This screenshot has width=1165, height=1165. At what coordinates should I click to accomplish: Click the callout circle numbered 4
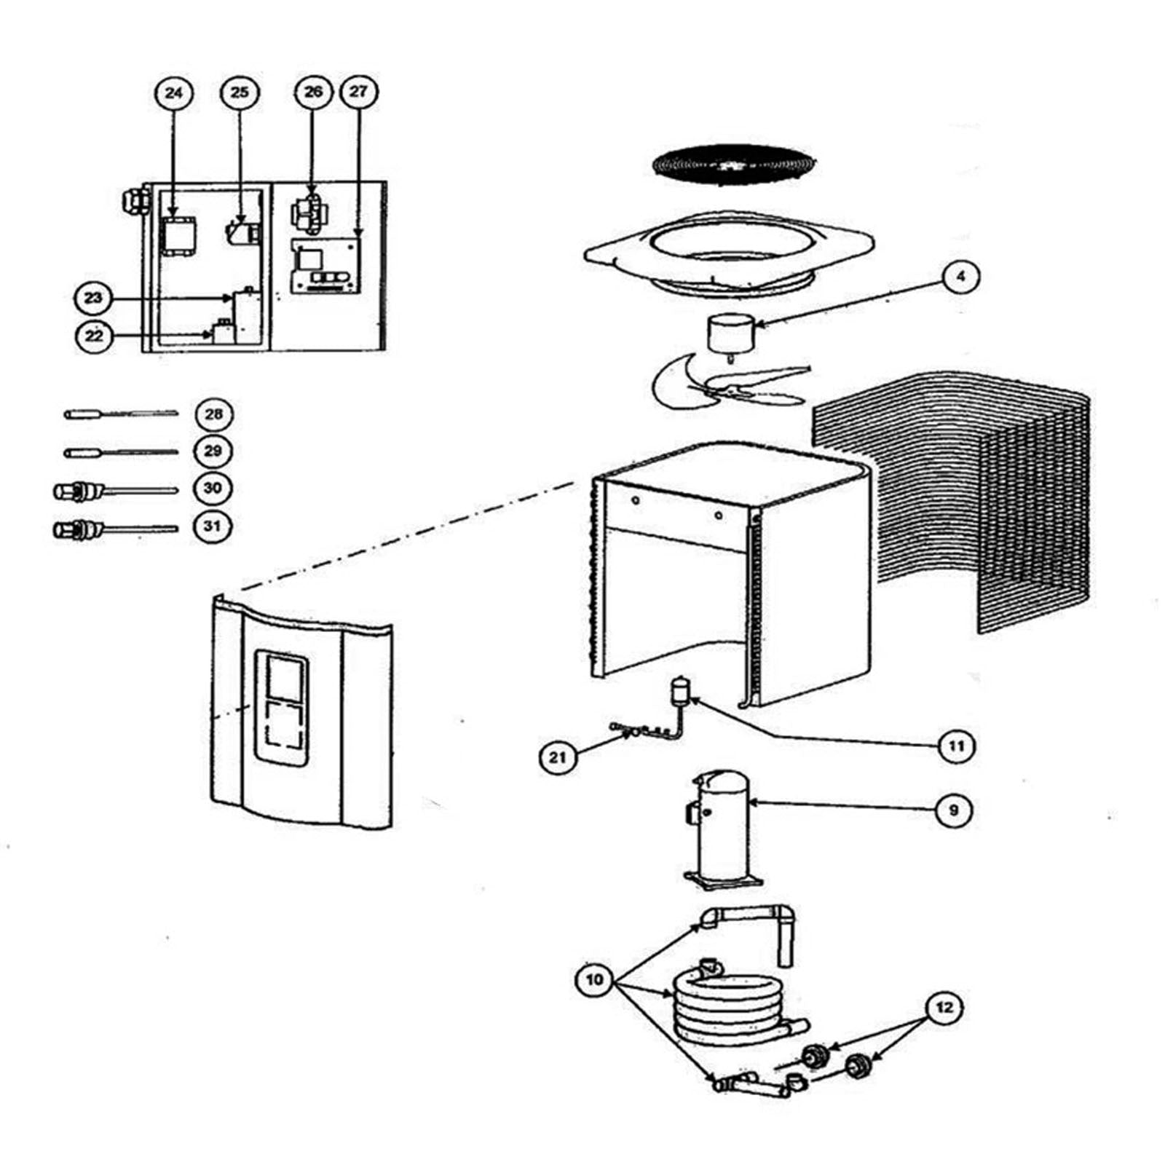pos(960,277)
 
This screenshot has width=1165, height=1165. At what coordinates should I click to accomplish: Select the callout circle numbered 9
pos(955,809)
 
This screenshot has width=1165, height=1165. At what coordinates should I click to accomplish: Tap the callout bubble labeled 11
pos(955,746)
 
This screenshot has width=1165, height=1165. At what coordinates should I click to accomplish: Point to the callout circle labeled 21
pos(558,757)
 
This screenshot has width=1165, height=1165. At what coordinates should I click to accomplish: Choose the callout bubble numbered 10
pos(595,979)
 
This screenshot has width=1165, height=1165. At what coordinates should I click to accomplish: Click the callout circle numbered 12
pos(944,1008)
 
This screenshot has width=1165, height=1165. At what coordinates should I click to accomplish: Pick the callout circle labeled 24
pos(174,92)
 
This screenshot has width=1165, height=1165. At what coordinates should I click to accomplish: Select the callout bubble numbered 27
pos(358,92)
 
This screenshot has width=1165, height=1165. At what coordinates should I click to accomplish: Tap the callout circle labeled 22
pos(95,336)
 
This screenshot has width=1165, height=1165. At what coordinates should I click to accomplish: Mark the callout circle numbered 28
pos(213,414)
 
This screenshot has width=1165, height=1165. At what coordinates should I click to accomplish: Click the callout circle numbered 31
pos(212,525)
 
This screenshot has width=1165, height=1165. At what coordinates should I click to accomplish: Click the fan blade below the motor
pos(728,382)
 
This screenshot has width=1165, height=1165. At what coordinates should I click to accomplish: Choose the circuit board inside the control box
pos(326,266)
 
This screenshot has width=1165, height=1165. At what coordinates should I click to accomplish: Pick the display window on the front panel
pos(280,707)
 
